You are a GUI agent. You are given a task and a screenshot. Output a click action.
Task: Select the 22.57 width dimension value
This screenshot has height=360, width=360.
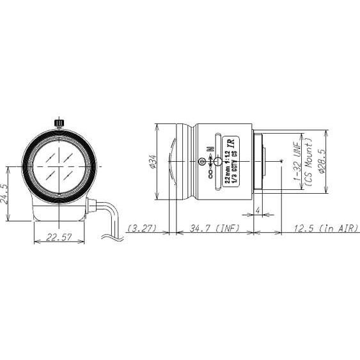coord(58,236)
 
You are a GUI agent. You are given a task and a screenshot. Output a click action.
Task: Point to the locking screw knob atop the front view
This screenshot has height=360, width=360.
coord(59,121)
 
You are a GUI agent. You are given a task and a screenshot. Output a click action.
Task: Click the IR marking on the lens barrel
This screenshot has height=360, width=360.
coord(234,145)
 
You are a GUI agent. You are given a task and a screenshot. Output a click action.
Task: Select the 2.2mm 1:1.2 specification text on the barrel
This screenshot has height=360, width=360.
coord(228,168)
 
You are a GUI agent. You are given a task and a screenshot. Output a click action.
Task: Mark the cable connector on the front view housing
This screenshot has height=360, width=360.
coord(91,205)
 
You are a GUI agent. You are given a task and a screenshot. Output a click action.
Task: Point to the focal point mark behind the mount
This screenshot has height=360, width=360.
coord(282,162)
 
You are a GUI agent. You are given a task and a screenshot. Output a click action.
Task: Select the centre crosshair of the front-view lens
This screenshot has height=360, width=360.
coord(59,164)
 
